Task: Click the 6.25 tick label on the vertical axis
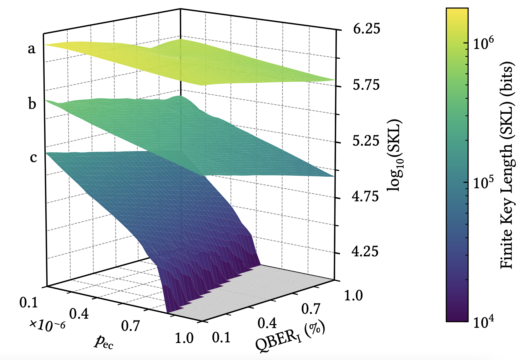pyautogui.click(x=366, y=29)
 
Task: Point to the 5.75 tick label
pyautogui.click(x=366, y=85)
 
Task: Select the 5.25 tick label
pyautogui.click(x=366, y=141)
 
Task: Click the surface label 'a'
pyautogui.click(x=31, y=49)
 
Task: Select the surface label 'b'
pyautogui.click(x=32, y=104)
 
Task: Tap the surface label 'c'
pyautogui.click(x=33, y=158)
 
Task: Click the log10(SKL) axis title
pyautogui.click(x=394, y=155)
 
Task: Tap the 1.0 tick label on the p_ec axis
pyautogui.click(x=184, y=338)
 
